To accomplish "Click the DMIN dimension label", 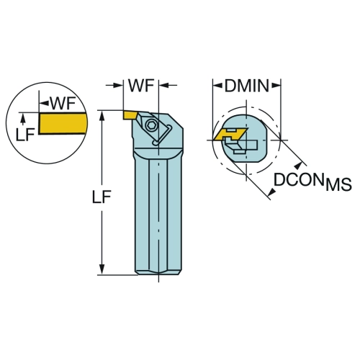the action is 246,86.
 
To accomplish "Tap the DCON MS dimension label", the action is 312,181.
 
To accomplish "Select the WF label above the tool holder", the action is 141,86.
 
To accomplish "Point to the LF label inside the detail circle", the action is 25,135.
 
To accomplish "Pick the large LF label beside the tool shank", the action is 102,197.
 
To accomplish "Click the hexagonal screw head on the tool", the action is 152,125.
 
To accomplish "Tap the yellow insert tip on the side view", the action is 130,114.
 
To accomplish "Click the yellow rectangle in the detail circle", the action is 63,123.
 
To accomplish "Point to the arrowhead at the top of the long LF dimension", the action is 102,115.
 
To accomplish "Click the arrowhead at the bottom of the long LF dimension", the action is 102,269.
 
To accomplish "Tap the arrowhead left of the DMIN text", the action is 217,85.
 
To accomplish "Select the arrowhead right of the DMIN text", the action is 276,85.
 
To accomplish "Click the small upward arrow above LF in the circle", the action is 23,120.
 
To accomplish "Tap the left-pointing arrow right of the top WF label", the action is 168,85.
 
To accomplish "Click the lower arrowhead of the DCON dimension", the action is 272,192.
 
